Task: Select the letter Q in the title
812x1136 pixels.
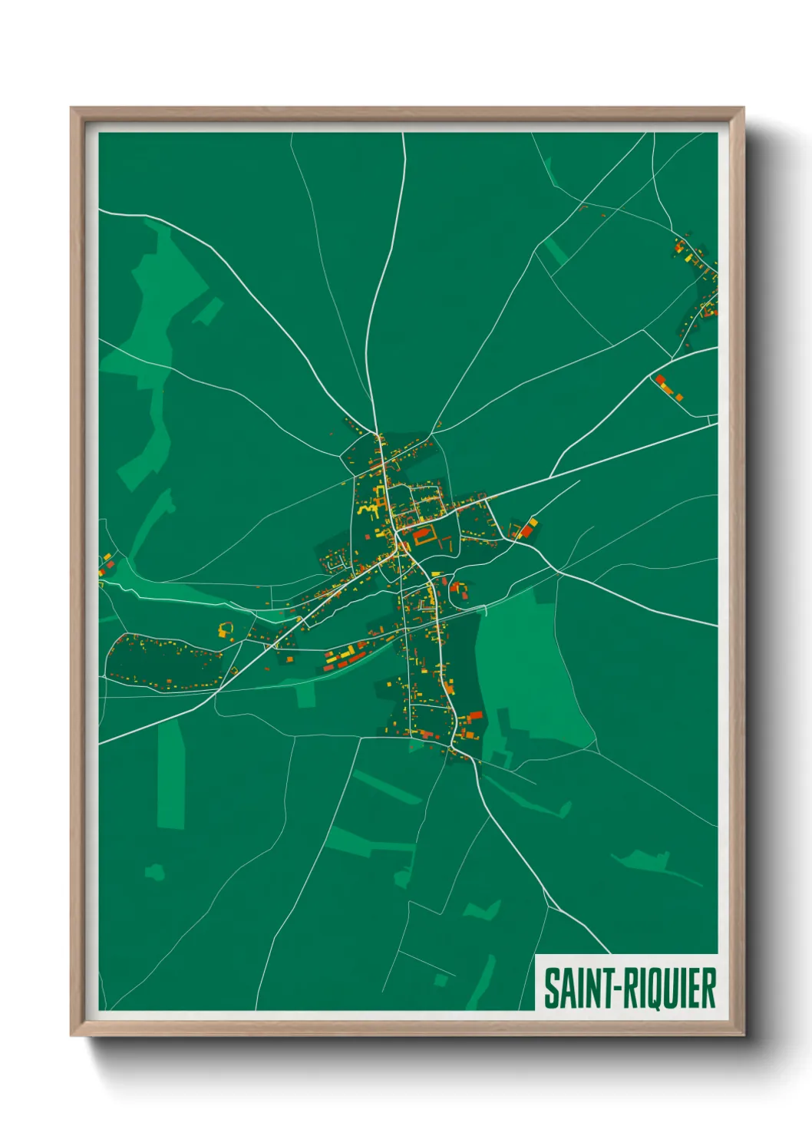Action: (655, 989)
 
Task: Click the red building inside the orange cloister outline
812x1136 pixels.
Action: (423, 537)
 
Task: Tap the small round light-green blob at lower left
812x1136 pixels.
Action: (155, 871)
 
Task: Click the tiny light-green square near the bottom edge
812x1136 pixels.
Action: (441, 980)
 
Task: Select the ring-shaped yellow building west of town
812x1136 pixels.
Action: (224, 630)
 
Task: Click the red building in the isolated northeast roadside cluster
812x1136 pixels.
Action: (660, 381)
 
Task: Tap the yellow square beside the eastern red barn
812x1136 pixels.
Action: (533, 523)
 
